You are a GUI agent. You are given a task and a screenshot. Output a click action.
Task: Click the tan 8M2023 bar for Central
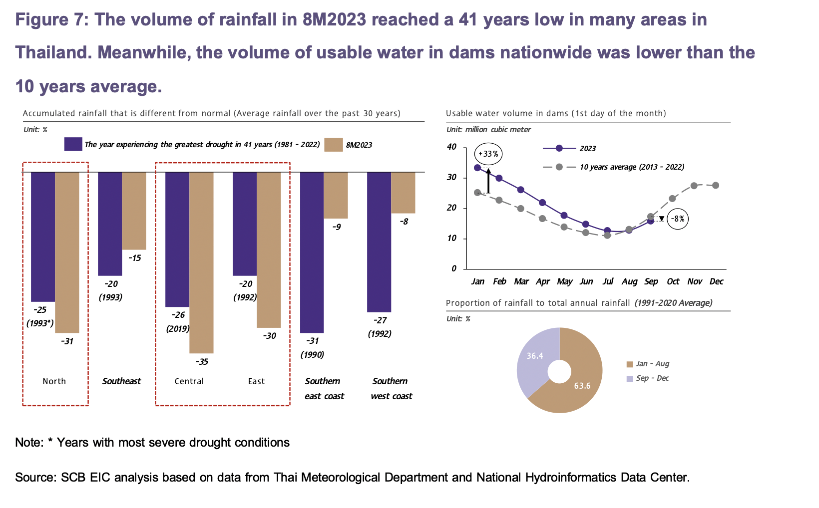201,262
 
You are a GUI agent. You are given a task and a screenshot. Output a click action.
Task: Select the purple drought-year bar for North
43,237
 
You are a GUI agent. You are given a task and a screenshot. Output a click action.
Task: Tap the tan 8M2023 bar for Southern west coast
404,193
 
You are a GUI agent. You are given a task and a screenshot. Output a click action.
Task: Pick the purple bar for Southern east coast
312,253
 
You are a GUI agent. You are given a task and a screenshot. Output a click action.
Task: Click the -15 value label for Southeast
134,258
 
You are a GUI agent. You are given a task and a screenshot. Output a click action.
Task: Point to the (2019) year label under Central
178,328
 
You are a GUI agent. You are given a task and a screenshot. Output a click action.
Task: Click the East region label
256,381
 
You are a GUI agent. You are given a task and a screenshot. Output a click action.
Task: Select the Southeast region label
121,381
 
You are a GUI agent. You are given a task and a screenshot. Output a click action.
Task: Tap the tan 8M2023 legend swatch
334,144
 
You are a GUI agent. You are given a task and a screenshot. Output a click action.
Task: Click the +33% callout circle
488,154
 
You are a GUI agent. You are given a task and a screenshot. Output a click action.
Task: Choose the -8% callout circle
678,219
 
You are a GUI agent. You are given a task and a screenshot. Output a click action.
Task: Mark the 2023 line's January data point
477,168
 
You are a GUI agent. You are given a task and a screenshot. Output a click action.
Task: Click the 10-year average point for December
716,185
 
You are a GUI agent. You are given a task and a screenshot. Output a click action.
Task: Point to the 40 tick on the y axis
451,147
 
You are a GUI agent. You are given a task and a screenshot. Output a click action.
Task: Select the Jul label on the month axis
608,281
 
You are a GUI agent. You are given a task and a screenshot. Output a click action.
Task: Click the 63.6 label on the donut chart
582,386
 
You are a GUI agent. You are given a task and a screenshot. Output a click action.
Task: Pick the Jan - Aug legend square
630,364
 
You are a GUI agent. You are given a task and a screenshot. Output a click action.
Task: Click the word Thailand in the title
53,52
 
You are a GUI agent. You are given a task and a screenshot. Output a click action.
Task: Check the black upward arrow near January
488,181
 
